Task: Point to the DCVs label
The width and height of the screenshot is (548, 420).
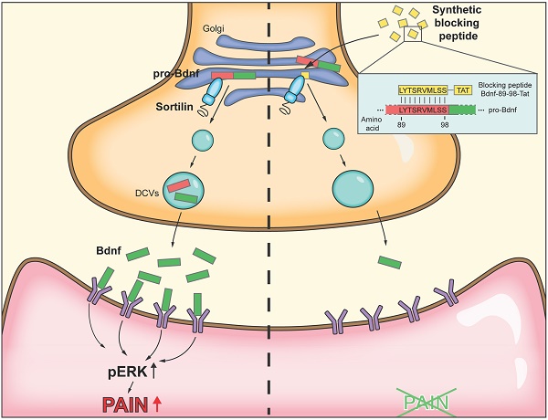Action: click(140, 193)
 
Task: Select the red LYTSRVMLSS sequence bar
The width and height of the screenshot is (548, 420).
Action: click(418, 110)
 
